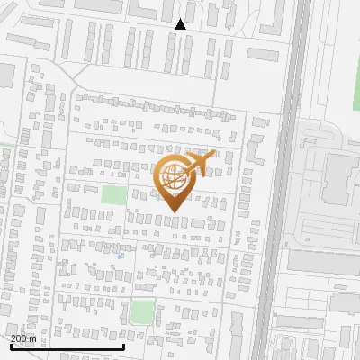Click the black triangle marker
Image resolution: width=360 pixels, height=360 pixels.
coord(180,24)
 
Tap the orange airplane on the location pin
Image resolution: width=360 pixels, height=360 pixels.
coord(200,163)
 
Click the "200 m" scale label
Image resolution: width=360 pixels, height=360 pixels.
coord(23,338)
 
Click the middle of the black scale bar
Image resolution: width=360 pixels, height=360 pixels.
coord(67,346)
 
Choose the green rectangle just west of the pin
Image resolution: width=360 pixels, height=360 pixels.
coord(113,194)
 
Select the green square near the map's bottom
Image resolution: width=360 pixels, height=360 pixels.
coord(142,311)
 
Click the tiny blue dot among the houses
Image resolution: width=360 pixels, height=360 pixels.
coord(120,256)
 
